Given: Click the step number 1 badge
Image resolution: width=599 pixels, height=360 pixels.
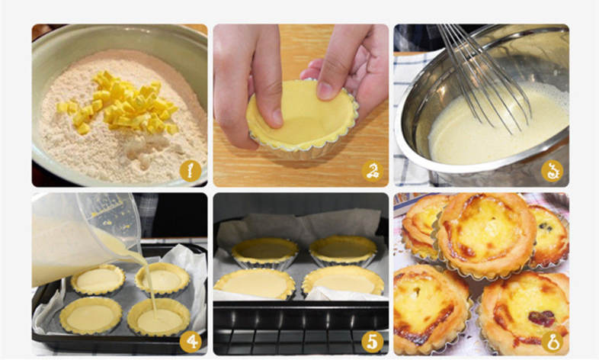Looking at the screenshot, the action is [x=191, y=171].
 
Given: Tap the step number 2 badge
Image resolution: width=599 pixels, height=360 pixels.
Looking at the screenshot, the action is [x=373, y=171].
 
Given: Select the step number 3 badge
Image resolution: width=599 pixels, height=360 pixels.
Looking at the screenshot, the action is [x=552, y=171].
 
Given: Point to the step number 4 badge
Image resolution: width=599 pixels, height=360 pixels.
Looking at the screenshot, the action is [x=191, y=341].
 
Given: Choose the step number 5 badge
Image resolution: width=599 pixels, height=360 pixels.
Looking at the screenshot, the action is [x=373, y=341].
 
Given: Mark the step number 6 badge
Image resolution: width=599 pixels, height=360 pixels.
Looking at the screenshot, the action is [x=553, y=341].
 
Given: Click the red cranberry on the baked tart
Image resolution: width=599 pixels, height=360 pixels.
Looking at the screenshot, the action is [x=542, y=318].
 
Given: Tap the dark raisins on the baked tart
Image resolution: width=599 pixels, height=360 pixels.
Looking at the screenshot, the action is [x=546, y=227].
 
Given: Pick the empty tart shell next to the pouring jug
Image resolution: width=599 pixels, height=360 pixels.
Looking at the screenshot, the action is [x=98, y=280].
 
